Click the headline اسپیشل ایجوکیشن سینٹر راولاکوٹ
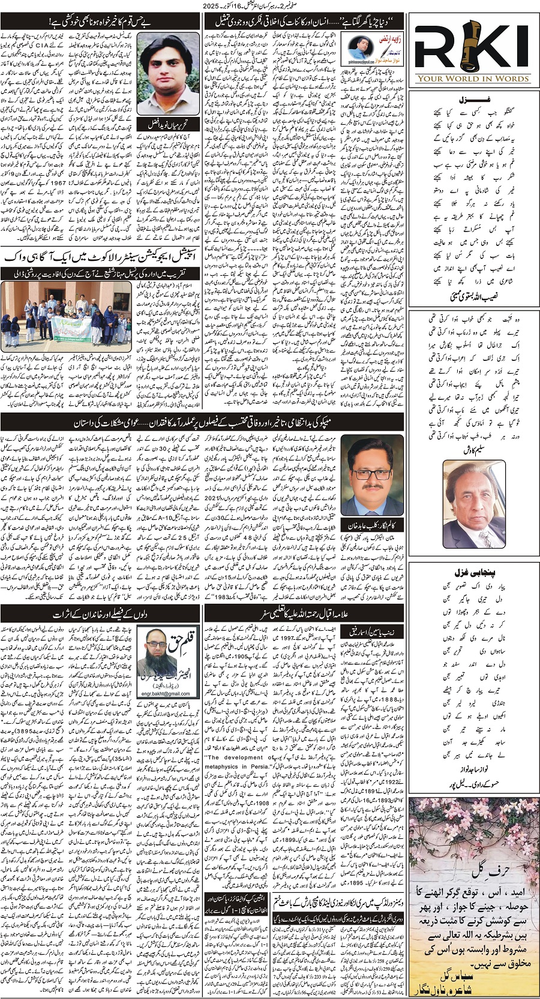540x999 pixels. click(102, 255)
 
